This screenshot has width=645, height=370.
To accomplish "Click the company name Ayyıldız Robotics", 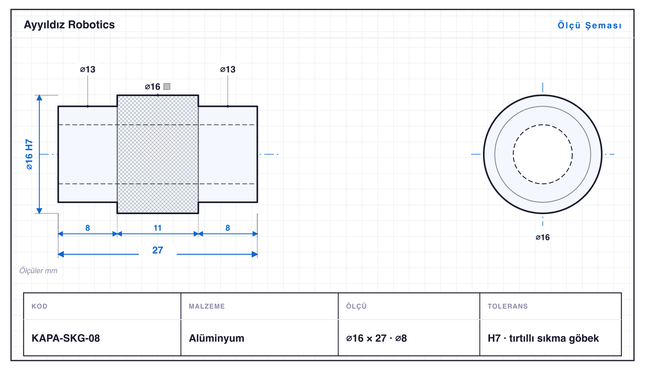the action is point(69,25).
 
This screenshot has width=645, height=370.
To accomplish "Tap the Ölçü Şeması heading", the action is point(590,25).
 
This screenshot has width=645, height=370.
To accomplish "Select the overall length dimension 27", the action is point(157,250).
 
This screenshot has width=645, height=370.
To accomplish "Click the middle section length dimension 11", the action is point(157,228).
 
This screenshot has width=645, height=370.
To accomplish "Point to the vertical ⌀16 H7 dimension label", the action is point(29,154).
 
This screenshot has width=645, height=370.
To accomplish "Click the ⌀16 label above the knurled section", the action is point(152,87).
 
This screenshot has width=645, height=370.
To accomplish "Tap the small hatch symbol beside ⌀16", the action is point(167,87).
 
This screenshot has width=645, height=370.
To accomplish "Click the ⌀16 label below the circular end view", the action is point(543,237).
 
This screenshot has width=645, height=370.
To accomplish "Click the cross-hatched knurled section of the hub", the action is point(158,154).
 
